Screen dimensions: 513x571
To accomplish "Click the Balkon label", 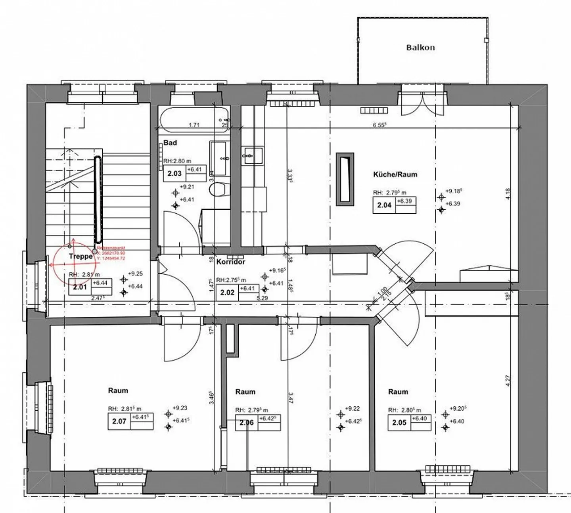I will pos(420,48).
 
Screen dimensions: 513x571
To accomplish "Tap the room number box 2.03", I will pos(174,173).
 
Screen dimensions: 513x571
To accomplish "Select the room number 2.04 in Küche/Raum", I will pos(384,205).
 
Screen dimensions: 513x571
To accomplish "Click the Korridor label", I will pos(231,262).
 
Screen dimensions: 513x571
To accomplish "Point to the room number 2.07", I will pos(119,421).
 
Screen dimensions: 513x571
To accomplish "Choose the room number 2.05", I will pos(399,423).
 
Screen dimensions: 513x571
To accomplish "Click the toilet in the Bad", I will pos(218,189).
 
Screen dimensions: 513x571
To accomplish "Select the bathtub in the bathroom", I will pos(195,119).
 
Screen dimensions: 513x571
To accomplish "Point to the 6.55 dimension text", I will pos(379,124).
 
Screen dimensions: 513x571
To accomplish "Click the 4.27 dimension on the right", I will pos(508,381).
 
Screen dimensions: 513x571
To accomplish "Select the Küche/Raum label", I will pos(395,174).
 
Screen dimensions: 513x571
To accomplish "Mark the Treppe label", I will pos(80,256).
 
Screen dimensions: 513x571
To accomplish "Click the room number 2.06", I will pos(247,423).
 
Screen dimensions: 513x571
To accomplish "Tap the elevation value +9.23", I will pos(180,408).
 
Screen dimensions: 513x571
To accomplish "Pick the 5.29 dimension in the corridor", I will pos(263,298).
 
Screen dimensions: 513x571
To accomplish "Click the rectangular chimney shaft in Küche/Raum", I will pos(345,179).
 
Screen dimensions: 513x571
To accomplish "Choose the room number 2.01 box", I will pos(80,287).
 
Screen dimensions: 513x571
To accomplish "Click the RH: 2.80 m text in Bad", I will pos(177,161).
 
